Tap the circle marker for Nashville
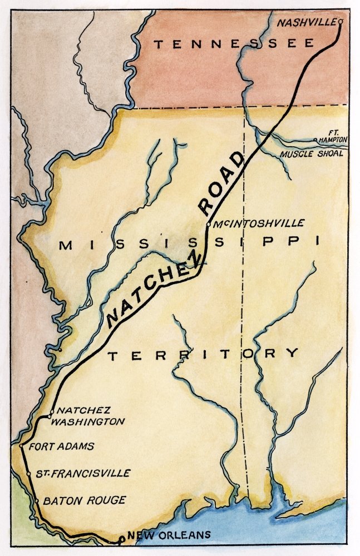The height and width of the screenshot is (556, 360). pyautogui.click(x=341, y=22)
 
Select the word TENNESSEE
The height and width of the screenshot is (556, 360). pyautogui.click(x=234, y=44)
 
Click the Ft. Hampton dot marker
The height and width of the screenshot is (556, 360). pyautogui.click(x=315, y=140)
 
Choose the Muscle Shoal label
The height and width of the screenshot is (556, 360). pyautogui.click(x=312, y=153)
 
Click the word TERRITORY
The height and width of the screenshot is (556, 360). pyautogui.click(x=203, y=354)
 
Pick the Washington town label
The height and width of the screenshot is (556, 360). pyautogui.click(x=87, y=421)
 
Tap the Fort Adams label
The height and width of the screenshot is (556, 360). pyautogui.click(x=61, y=446)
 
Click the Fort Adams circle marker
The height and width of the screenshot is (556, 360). pyautogui.click(x=21, y=446)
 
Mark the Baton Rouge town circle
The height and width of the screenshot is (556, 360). pyautogui.click(x=36, y=501)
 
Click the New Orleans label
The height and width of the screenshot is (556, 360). pyautogui.click(x=169, y=535)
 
